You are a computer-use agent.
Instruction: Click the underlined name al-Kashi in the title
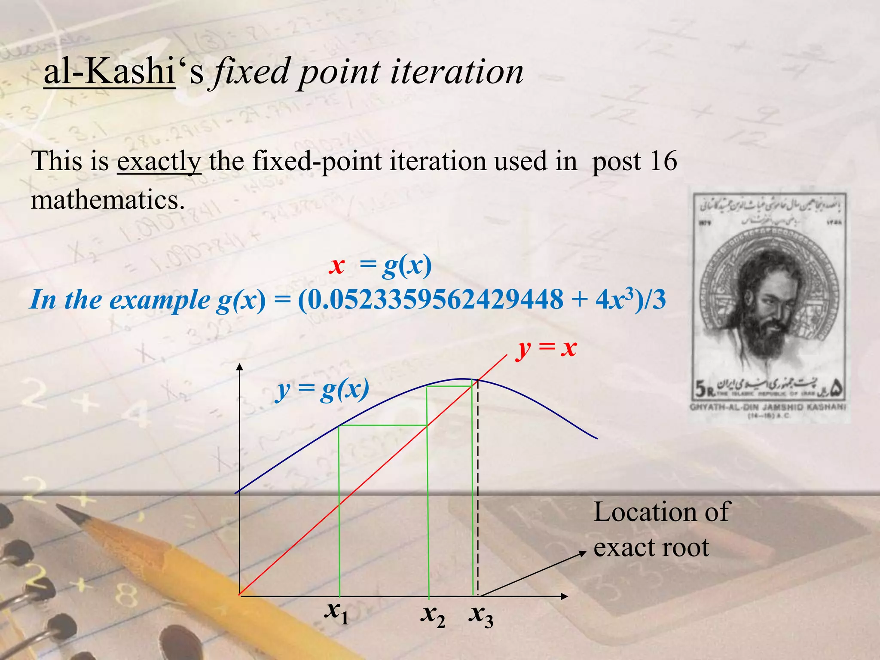[110, 72]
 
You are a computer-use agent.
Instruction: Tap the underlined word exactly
[159, 162]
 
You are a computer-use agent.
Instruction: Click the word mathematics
[107, 200]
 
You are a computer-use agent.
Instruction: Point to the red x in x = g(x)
[337, 266]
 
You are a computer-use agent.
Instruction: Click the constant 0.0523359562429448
[430, 299]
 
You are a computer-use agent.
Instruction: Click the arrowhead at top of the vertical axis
[240, 367]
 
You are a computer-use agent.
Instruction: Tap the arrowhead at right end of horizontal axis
[565, 596]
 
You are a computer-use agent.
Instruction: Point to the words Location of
[661, 512]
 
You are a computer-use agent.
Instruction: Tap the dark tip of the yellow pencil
[64, 511]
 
